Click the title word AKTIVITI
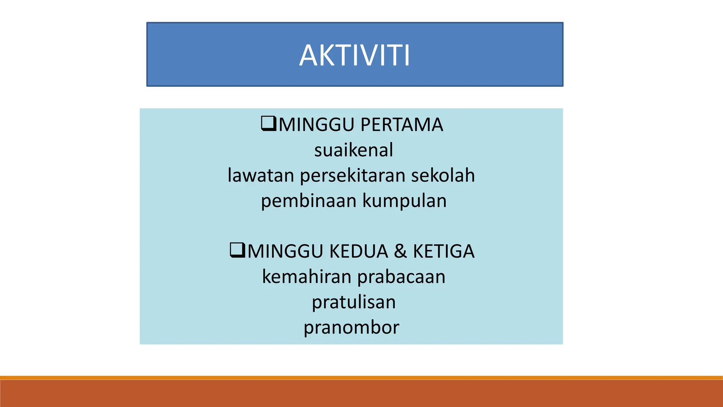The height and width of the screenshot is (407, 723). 354,55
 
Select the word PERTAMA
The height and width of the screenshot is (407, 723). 402,125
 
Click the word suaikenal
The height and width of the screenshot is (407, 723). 354,150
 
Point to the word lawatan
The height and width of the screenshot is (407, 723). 261,176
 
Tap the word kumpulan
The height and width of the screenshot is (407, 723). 405,201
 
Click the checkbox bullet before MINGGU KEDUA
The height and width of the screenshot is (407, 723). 237,250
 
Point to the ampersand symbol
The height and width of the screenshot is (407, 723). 401,252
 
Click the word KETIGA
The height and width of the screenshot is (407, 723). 444,252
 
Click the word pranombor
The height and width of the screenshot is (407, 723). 352,328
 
